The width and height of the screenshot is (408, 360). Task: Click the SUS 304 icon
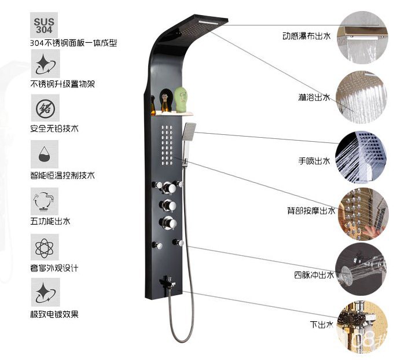coord(44,25)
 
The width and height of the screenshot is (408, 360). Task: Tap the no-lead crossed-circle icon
coord(45,108)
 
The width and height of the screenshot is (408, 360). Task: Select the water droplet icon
coord(45,154)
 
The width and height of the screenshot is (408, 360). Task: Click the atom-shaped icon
coord(45,247)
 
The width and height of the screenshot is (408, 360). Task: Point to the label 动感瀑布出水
coord(306,36)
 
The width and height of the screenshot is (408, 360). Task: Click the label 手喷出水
coord(314,161)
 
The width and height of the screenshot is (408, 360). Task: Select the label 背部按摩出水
coord(311,210)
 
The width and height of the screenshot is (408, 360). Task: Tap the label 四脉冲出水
coord(314,275)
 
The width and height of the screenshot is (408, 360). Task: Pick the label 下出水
coord(322,324)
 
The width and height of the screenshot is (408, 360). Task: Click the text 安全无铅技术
coord(54,128)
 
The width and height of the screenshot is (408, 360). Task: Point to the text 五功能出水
coord(50,221)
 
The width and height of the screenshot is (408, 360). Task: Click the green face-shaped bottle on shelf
coord(181,100)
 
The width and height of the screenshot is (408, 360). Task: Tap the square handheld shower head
coord(189,131)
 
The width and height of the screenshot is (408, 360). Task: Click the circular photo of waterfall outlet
coord(362,37)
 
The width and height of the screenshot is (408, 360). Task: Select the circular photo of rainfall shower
coord(362,97)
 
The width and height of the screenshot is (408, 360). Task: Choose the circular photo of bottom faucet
coord(363,326)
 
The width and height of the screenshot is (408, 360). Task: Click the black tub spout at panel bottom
coord(167,282)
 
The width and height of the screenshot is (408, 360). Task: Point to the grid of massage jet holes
coord(167,145)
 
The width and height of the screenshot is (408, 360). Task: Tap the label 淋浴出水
coord(314,97)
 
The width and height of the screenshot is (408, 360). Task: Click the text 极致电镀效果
coord(54,314)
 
